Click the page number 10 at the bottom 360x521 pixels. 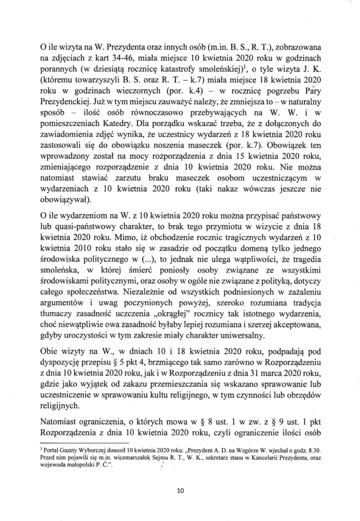pyautogui.click(x=180, y=491)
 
